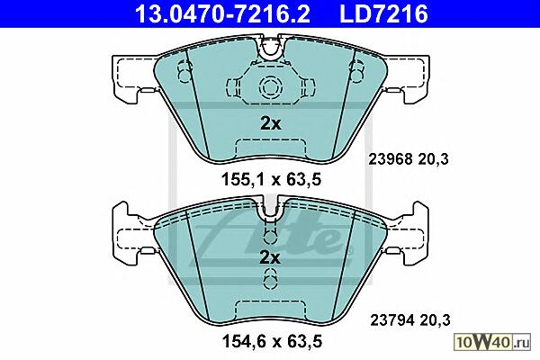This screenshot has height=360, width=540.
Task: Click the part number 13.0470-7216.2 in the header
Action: [x=222, y=13]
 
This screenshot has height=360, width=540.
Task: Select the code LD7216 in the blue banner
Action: [x=383, y=13]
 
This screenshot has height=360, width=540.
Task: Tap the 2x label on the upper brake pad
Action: [x=271, y=123]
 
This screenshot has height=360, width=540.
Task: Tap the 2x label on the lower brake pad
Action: [x=270, y=257]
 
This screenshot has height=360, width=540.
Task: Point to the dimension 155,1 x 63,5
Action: [x=272, y=179]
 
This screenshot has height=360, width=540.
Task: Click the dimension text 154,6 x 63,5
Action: [x=272, y=341]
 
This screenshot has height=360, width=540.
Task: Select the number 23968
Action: [x=391, y=159]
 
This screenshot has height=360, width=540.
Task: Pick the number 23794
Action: [x=391, y=320]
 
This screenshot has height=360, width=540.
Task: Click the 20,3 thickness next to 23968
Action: [x=434, y=159]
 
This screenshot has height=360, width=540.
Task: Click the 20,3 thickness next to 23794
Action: [x=436, y=320]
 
